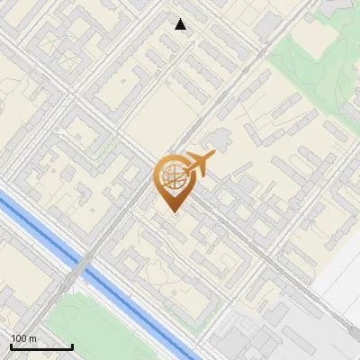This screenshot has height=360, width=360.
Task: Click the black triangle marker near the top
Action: (181, 24)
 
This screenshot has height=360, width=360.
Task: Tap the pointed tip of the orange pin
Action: (175, 211)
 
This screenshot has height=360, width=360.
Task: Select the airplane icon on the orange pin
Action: (197, 164)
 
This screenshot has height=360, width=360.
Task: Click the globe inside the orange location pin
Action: (173, 178)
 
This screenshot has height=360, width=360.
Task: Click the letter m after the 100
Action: (33, 339)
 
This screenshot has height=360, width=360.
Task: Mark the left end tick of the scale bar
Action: (11, 346)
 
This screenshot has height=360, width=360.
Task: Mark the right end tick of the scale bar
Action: (72, 346)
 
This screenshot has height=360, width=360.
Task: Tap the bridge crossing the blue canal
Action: (82, 265)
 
